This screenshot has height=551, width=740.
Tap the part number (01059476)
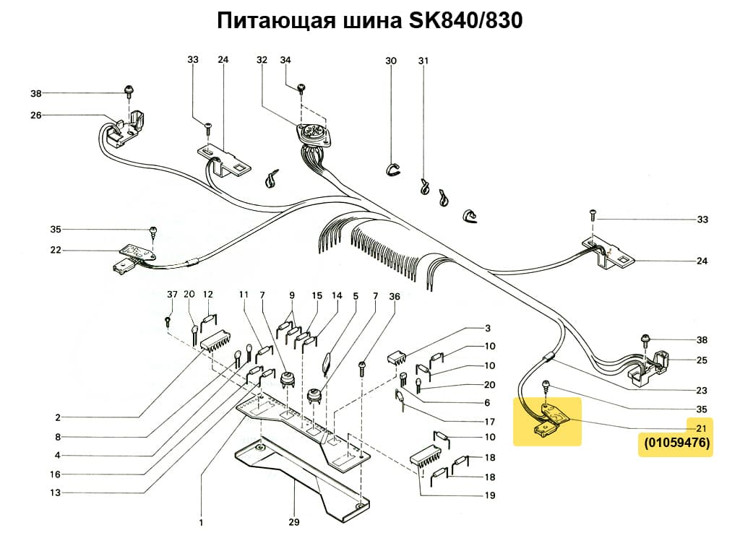click(x=676, y=443)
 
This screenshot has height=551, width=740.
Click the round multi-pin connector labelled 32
click(x=312, y=134)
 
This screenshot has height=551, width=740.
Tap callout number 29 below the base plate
click(x=294, y=522)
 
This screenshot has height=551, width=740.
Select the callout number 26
click(x=36, y=115)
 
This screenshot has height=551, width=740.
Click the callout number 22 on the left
click(x=56, y=251)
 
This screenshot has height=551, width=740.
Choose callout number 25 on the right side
click(x=702, y=360)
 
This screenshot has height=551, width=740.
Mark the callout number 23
click(x=702, y=391)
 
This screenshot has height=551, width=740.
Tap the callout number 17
click(x=489, y=422)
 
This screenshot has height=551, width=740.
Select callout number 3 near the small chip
click(x=488, y=328)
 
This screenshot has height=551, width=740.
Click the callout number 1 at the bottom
click(x=201, y=522)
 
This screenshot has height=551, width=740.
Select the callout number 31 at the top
click(x=423, y=61)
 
